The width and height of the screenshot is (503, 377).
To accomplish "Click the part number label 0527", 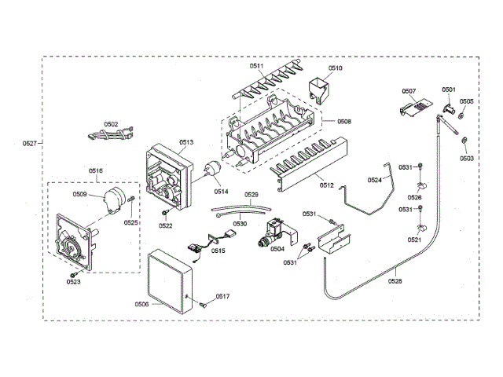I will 29,143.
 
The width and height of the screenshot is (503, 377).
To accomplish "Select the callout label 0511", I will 259,68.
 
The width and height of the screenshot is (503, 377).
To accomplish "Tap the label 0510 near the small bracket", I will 336,68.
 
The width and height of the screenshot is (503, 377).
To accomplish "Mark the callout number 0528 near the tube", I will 395,280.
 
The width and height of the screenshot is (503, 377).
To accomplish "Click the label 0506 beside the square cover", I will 141,304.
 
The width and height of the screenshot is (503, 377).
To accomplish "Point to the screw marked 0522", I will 165,214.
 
